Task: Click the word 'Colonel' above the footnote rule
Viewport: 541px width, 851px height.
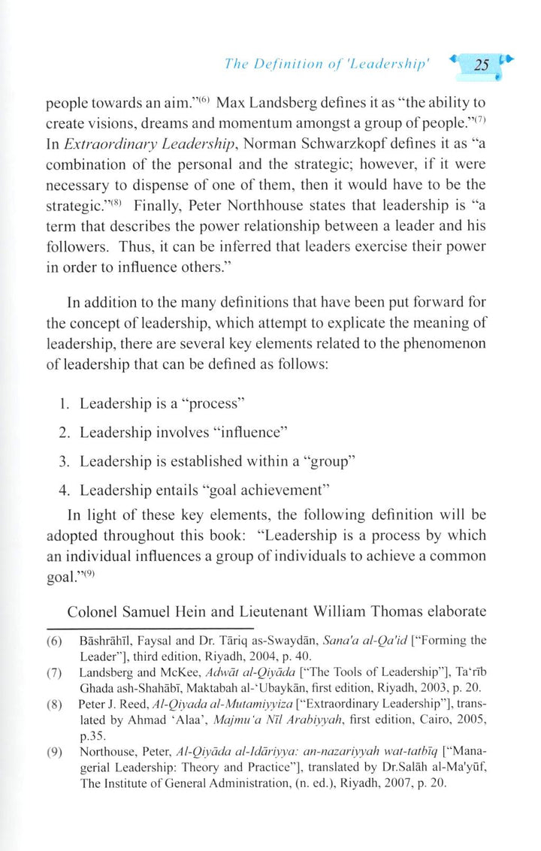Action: [x=92, y=612]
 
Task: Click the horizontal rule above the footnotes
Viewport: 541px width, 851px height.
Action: [x=150, y=628]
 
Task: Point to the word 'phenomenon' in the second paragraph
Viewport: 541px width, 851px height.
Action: [x=450, y=343]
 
